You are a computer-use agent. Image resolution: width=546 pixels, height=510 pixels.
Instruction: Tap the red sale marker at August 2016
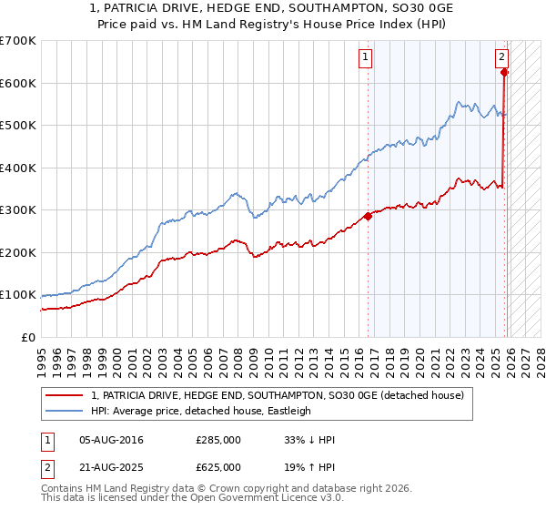click(x=369, y=217)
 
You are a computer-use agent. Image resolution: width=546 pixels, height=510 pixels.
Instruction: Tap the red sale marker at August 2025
click(x=505, y=72)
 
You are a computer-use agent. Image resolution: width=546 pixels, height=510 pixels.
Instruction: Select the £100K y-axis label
click(x=18, y=295)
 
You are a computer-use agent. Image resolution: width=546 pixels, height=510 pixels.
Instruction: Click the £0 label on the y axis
click(x=28, y=338)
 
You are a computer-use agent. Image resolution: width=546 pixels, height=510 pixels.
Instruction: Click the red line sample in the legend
click(x=66, y=395)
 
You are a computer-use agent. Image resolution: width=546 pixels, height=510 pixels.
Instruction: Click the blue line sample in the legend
click(x=66, y=411)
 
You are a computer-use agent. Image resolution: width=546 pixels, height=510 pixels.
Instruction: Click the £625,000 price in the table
click(x=218, y=466)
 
